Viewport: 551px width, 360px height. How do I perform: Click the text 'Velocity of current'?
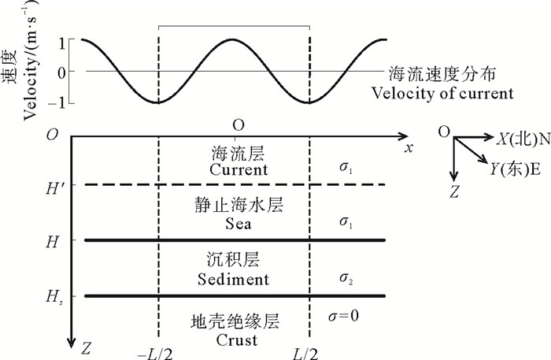click(451, 93)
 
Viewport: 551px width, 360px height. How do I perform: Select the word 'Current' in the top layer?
click(239, 169)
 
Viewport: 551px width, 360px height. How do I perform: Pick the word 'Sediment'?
click(238, 279)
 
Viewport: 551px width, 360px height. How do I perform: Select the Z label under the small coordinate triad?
click(454, 190)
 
